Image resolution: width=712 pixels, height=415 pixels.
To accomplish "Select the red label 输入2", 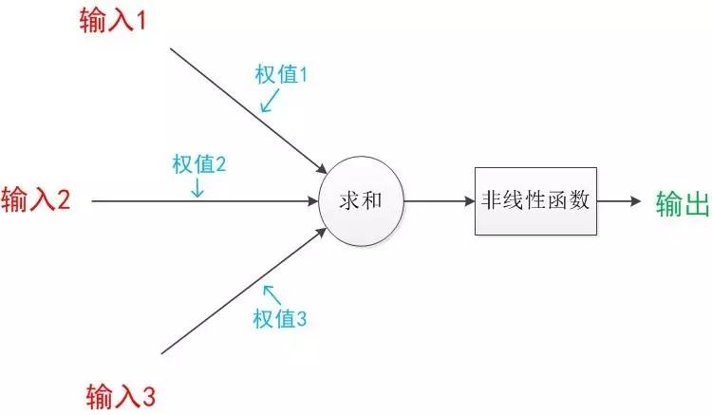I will coord(36,200).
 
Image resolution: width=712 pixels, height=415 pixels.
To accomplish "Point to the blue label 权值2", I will coord(198,163).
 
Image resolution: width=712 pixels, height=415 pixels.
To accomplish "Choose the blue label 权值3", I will coord(279,320).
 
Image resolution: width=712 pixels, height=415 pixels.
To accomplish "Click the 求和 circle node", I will coord(361,200).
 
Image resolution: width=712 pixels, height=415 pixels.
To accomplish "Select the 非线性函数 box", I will coord(536,200).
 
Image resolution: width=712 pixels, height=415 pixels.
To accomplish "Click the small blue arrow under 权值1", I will coord(268,101).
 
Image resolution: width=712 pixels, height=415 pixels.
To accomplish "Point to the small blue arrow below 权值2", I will coord(197,188).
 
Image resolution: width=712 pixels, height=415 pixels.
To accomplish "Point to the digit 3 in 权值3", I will coord(301,320).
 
